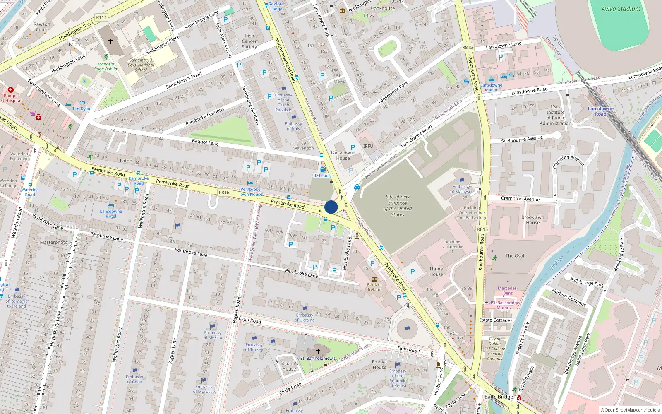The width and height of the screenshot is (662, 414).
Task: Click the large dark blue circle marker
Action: coord(331,207)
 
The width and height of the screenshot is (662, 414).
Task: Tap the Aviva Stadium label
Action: coord(621,9)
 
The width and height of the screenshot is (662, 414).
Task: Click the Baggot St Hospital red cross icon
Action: coord(11,90)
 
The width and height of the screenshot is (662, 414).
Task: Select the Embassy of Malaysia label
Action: coord(461,189)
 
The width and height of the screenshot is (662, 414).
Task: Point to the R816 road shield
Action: coord(224,193)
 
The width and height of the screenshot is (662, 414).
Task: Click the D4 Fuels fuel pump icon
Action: coord(323,169)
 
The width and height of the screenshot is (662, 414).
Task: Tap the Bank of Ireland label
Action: coord(374,287)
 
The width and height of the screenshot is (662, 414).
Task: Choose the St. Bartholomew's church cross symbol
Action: coord(318,351)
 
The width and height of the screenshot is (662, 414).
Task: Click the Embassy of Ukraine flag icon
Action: coord(305,308)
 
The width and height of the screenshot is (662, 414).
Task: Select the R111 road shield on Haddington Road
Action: coord(101,17)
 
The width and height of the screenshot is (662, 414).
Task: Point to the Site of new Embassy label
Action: coord(398,206)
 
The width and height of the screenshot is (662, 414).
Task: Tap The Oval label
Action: coord(515,256)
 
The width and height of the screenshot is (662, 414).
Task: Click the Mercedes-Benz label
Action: coord(507,291)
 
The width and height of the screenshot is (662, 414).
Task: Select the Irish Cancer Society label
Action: coord(249,41)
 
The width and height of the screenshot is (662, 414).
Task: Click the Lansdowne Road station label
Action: coord(601,111)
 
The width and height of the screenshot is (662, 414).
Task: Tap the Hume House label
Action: coord(436,272)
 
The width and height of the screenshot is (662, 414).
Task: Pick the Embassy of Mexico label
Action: coord(213,335)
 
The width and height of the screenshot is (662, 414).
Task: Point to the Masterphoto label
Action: coord(54,242)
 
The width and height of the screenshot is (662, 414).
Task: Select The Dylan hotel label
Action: coord(82,108)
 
